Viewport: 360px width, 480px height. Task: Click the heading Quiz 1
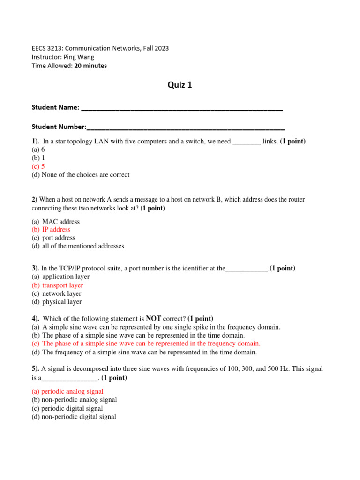point(180,85)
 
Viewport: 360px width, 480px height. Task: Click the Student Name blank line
point(182,109)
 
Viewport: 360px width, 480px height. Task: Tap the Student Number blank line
point(186,127)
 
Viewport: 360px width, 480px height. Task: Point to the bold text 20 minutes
point(90,66)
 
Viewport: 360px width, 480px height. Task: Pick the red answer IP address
point(56,230)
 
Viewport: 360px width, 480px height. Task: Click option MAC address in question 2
point(61,221)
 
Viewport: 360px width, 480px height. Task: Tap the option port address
point(59,238)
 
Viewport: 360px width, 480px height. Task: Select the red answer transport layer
point(62,285)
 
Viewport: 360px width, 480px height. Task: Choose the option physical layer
point(61,302)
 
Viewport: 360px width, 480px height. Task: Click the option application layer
point(66,277)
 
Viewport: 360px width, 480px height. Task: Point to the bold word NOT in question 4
point(153,318)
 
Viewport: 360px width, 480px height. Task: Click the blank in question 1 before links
point(247,142)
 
